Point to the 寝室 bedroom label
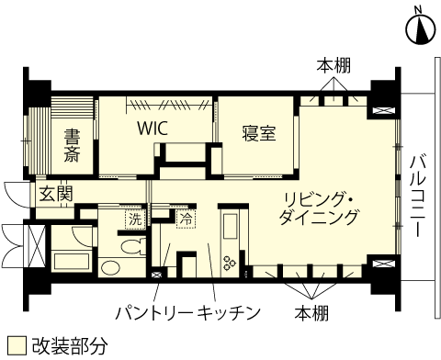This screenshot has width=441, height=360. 259,133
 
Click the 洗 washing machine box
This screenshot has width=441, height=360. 135,219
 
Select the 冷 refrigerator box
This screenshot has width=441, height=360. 186,219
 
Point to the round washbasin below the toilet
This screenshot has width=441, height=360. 111,268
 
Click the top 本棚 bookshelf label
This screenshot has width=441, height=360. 334,66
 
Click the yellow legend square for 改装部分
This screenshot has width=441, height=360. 14,345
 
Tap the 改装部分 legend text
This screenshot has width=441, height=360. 70,345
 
